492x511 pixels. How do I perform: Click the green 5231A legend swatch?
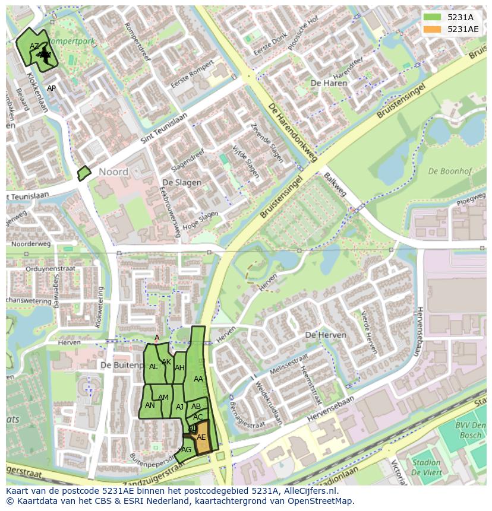[x=432, y=17]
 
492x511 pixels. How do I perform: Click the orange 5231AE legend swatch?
[x=432, y=29]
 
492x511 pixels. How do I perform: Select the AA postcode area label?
[x=198, y=379]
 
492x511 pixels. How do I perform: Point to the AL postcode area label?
[x=153, y=367]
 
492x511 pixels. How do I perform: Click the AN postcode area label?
[x=150, y=405]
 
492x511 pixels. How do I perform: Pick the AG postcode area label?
[x=187, y=450]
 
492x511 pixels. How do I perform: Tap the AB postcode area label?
[x=195, y=407]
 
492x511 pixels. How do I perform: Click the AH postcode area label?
[x=179, y=368]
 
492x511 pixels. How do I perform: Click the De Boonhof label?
[x=450, y=172]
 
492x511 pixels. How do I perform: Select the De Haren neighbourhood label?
[x=329, y=83]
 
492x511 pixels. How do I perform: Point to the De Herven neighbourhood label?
[x=325, y=335]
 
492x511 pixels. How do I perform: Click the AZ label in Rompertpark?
[x=34, y=46]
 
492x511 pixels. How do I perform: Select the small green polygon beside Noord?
[x=84, y=173]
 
